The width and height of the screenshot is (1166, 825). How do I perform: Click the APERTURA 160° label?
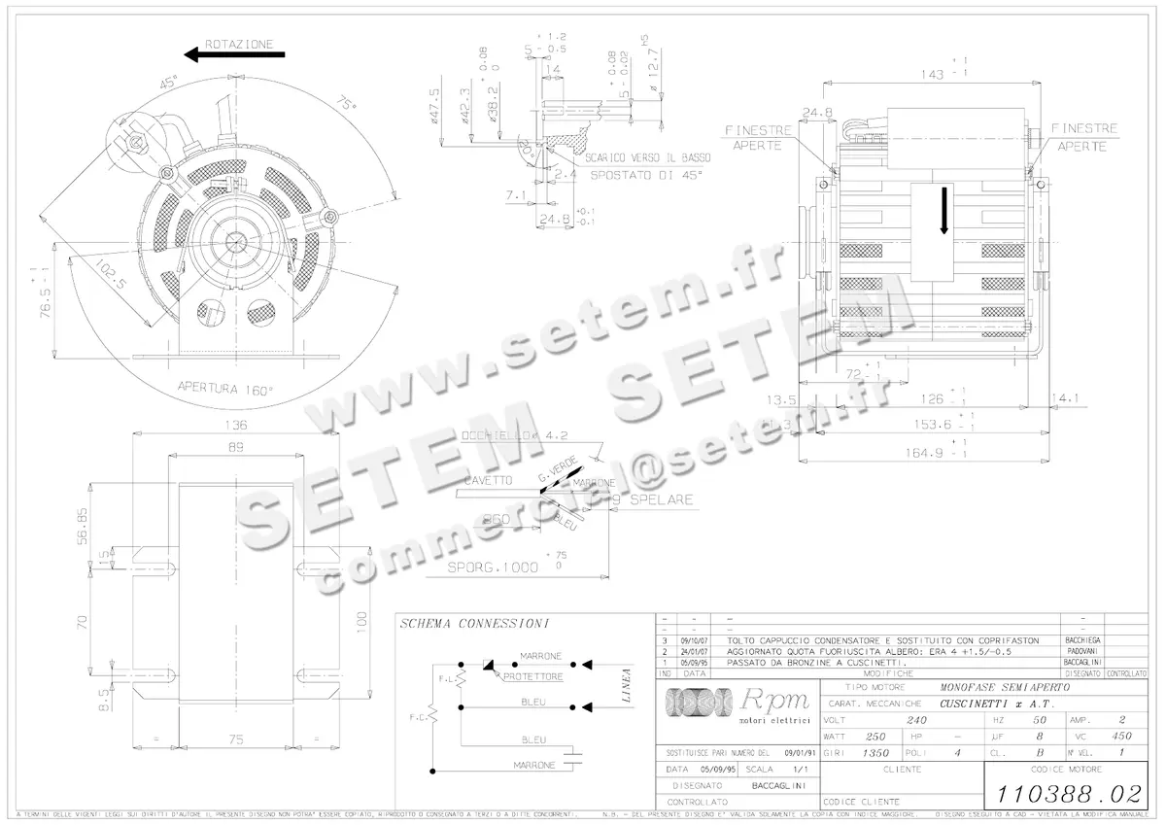coord(225,387)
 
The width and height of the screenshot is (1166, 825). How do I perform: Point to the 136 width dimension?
coord(236,425)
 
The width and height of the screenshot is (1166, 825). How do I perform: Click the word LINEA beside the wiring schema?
coord(627,684)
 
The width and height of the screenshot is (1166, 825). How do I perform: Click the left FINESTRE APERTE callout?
coord(759,137)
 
